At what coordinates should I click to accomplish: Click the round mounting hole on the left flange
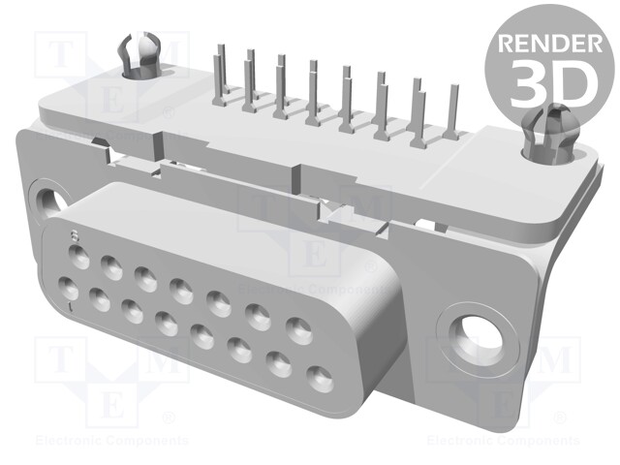pos(44,201)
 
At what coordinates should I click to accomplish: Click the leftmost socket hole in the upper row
pos(79,259)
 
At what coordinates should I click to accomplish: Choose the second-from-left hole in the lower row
pos(99,299)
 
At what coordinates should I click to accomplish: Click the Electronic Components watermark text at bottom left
pos(101,441)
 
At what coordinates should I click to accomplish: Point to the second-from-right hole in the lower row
pos(280,363)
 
